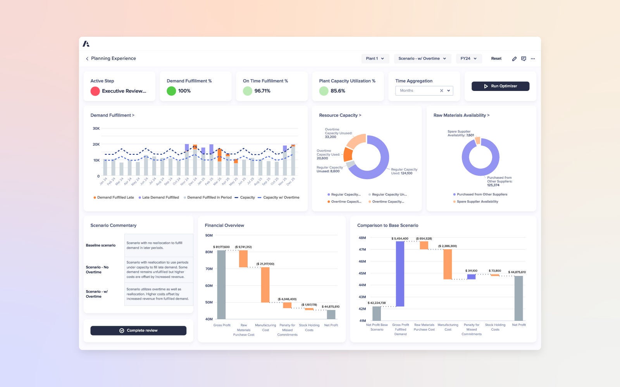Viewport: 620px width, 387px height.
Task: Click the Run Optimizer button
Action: click(500, 86)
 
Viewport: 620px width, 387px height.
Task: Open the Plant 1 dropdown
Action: click(375, 58)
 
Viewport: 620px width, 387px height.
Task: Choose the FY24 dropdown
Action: click(468, 58)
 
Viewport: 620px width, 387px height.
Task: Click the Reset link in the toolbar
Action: click(496, 58)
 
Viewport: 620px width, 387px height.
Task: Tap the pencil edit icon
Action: click(514, 59)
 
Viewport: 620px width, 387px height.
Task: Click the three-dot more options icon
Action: click(533, 59)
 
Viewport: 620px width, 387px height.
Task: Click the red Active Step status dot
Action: click(95, 91)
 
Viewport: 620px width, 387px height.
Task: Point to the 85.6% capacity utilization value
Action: click(338, 91)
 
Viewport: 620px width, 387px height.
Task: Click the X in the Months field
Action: click(441, 91)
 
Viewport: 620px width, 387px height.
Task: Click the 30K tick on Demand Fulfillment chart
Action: click(96, 128)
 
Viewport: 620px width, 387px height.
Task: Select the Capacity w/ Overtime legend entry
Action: click(279, 197)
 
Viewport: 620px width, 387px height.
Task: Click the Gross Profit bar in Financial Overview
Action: click(221, 284)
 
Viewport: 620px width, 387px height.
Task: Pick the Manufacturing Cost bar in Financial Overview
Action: click(265, 284)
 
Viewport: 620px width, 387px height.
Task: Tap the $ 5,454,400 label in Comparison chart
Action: click(400, 238)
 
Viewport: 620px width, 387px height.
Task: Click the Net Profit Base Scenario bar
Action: click(376, 313)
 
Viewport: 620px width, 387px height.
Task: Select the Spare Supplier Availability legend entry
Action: click(477, 202)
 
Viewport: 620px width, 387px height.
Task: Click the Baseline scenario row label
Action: click(101, 245)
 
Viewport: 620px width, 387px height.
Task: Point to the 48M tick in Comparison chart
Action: click(362, 238)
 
